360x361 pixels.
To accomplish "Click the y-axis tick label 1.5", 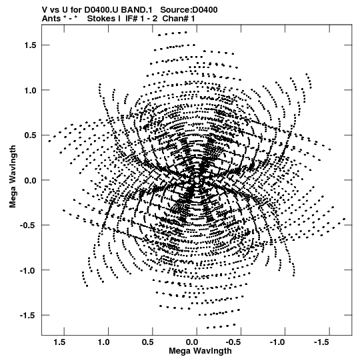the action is (31, 45).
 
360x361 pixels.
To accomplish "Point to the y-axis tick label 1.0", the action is (31, 90).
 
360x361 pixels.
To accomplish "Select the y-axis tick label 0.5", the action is (31, 135).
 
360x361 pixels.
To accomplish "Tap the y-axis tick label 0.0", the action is (31, 180).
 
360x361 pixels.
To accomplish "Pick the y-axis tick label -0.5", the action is (28, 225).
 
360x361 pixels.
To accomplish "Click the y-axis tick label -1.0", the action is (28, 270).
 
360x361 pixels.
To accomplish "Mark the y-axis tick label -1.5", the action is (28, 315).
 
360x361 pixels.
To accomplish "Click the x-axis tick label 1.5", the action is (59, 342).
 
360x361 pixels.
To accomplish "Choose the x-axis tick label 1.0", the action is (104, 342).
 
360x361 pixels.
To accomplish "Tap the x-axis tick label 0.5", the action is (148, 342).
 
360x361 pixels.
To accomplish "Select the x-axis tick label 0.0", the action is (192, 342).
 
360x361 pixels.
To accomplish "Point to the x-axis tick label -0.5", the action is (234, 342).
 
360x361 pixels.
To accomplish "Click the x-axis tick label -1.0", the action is (279, 342).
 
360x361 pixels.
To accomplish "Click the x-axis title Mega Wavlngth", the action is (200, 351).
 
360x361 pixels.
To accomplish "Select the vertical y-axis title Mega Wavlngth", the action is (13, 177).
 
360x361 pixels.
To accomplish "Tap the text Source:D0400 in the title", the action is (189, 10).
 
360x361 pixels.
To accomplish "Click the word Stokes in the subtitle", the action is (104, 19).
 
